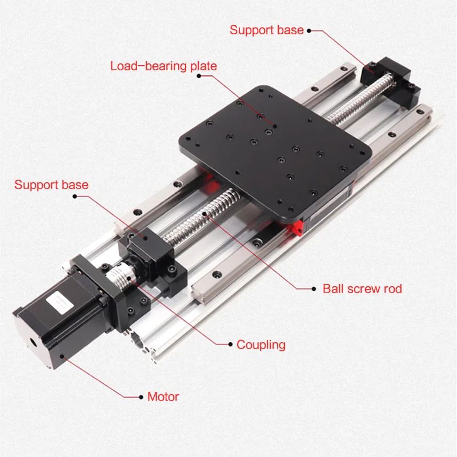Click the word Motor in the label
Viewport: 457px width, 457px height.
pos(163,396)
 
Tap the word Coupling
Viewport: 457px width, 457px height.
pos(260,344)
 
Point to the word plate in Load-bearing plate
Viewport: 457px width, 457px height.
pos(203,66)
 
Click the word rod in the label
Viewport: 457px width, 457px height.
pos(392,288)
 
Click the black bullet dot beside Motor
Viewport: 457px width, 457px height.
pos(141,396)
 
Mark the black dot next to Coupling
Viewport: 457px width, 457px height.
pos(230,344)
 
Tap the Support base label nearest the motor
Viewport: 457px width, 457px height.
pos(51,185)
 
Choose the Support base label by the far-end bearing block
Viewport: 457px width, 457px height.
pos(266,30)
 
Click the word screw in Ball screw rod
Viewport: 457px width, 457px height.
pos(364,288)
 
